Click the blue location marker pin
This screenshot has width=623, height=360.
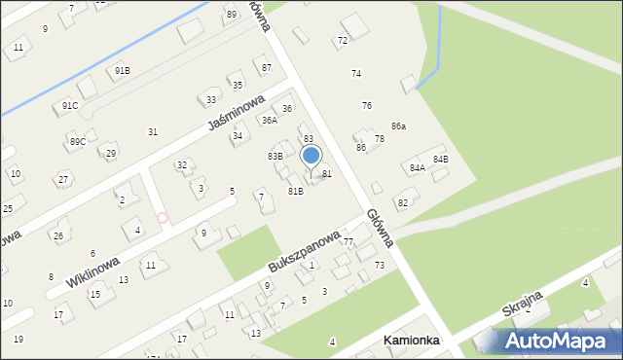[x=311, y=156]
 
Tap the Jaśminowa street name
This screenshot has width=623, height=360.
[x=236, y=113]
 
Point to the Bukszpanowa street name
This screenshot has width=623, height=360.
[x=305, y=251]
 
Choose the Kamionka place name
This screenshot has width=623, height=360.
[x=411, y=341]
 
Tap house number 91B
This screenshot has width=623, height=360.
[x=122, y=70]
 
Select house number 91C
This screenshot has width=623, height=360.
[x=70, y=105]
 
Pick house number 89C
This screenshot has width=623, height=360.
[x=78, y=142]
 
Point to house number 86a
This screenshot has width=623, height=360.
[x=398, y=126]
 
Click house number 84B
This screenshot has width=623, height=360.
[x=441, y=159]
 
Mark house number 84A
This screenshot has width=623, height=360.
[x=418, y=167]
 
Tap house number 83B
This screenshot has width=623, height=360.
[x=275, y=156]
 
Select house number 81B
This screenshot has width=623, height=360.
[x=296, y=191]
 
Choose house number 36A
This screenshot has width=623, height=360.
[x=270, y=121]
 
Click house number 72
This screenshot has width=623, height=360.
[x=342, y=41]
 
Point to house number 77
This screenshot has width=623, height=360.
[x=348, y=241]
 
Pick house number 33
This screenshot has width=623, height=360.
[x=211, y=99]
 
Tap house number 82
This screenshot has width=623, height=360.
[x=402, y=202]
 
